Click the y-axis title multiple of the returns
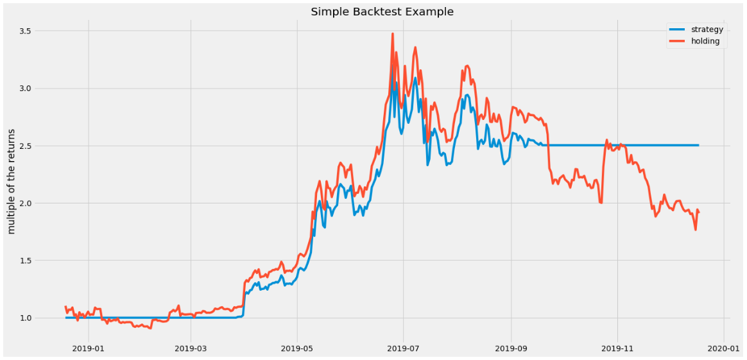click(x=11, y=180)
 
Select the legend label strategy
click(x=707, y=30)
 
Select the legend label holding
click(x=705, y=41)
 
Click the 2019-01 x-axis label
click(x=87, y=348)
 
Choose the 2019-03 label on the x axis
click(x=191, y=348)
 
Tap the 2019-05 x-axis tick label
click(x=296, y=348)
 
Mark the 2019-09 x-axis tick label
click(x=511, y=348)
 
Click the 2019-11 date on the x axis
click(x=617, y=348)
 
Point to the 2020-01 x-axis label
click(x=724, y=348)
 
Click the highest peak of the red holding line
click(x=392, y=34)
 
